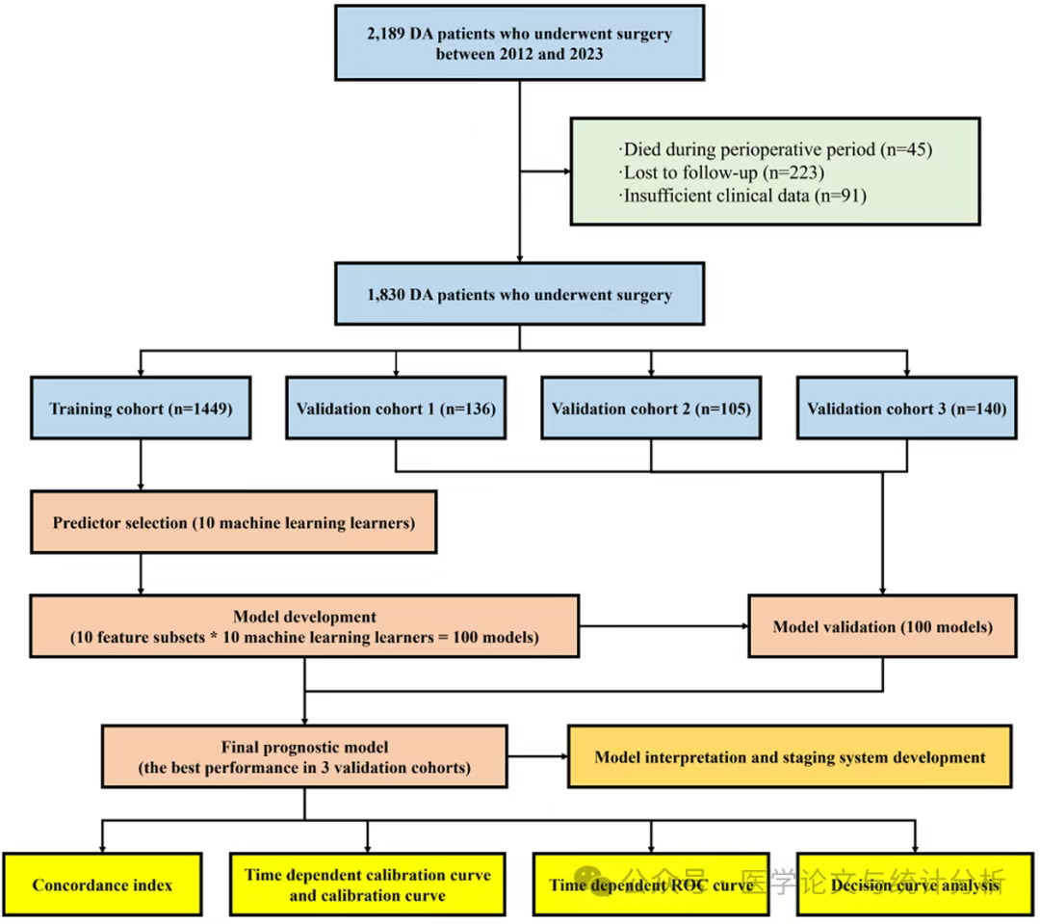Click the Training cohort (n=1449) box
141,409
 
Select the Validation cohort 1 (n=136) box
396,409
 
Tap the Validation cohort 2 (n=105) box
651,409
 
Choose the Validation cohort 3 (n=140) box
907,409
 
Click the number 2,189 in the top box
385,34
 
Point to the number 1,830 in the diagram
385,295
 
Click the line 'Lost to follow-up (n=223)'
721,172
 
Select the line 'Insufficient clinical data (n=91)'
742,196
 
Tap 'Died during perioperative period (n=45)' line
775,149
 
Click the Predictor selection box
233,522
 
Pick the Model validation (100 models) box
883,626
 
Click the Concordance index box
102,884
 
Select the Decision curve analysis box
915,884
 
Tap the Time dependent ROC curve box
651,884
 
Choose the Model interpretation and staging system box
790,756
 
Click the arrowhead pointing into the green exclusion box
568,172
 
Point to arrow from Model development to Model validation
663,626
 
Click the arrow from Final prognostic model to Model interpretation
538,756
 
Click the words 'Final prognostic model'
304,748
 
